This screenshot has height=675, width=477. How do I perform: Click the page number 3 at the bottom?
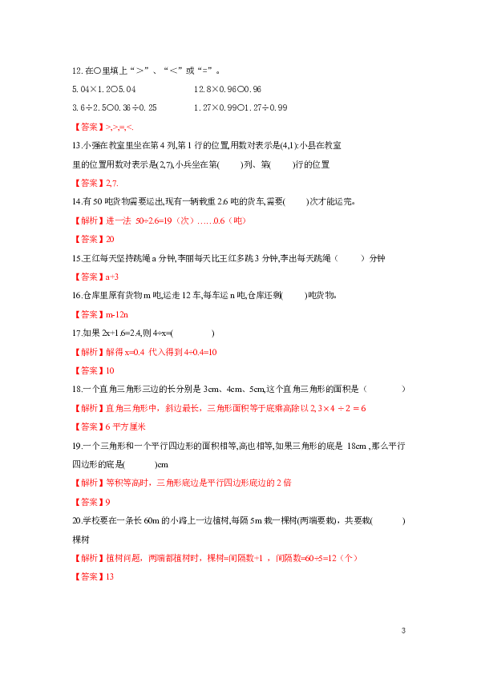point(403,631)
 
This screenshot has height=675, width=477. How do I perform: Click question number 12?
point(77,71)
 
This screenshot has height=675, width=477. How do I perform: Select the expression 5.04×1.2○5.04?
point(103,90)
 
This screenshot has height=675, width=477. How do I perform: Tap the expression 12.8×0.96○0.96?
point(228,90)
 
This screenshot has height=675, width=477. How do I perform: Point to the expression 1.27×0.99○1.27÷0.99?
point(241,107)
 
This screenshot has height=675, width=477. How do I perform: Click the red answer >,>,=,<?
point(119,127)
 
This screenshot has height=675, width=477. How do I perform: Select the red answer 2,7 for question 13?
point(112,184)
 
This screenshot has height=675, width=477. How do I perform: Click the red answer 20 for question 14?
point(110,240)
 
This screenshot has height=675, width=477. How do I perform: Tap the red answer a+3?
point(112,277)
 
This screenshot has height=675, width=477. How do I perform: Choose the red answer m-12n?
point(117,315)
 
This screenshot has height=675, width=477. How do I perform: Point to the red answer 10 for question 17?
point(110,370)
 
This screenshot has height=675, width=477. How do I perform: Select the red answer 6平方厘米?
point(126,427)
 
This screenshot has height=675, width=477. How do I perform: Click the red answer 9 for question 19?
point(107,503)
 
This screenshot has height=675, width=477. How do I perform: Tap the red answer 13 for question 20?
point(110,577)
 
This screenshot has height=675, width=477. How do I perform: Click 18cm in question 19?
point(357,446)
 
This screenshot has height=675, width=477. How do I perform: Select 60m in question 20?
point(152,521)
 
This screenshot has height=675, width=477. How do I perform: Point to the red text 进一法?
point(119,220)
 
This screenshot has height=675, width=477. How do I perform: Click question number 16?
point(77,296)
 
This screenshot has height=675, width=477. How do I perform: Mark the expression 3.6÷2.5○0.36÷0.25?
point(115,107)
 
